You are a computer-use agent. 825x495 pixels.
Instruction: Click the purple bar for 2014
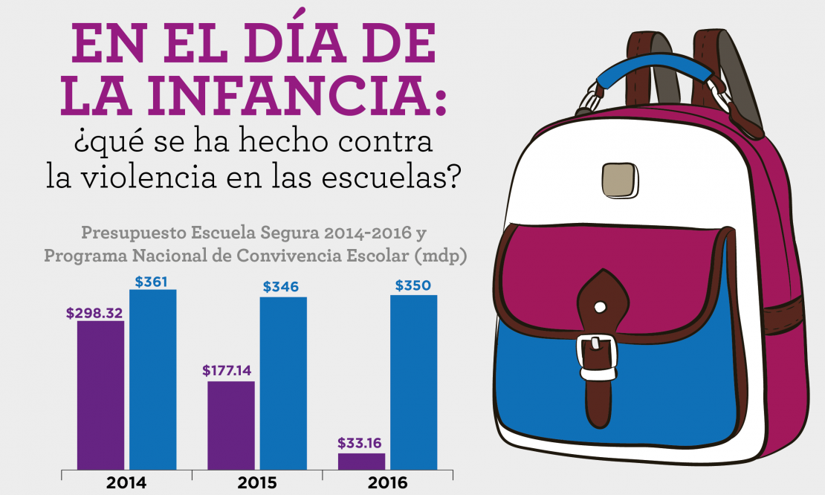(100, 395)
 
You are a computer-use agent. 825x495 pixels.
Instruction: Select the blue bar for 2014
(152, 379)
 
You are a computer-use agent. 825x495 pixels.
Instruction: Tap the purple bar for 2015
(231, 425)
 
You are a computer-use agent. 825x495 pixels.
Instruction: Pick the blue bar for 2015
(283, 383)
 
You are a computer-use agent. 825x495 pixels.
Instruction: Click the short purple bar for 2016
(361, 461)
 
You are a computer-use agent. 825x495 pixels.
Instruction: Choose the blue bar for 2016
(414, 382)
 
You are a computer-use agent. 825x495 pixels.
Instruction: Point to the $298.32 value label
(94, 314)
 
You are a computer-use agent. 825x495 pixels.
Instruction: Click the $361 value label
(152, 282)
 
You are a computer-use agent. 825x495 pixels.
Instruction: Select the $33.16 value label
(359, 444)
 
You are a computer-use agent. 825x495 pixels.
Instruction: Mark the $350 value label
(412, 285)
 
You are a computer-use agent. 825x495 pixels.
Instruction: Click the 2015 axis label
(257, 483)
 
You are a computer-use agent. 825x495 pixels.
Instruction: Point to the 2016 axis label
(387, 483)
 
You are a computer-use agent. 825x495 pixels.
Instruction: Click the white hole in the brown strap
(600, 305)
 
